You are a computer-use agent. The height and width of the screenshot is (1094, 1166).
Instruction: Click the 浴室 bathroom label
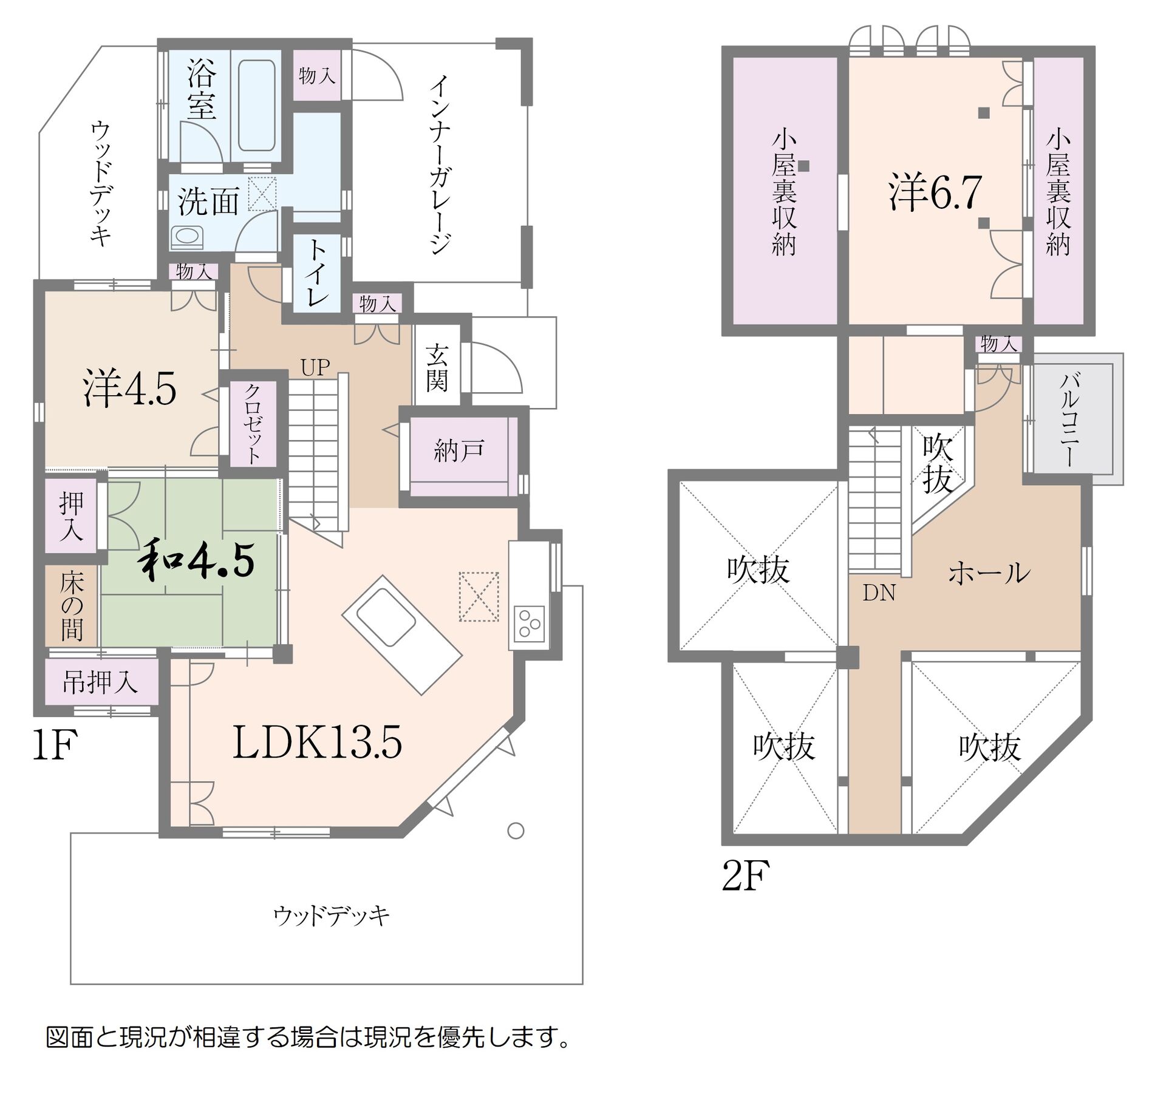click(x=202, y=90)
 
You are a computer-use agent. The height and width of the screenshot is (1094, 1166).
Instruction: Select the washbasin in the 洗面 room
click(x=186, y=236)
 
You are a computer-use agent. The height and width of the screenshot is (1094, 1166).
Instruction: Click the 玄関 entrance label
click(x=436, y=368)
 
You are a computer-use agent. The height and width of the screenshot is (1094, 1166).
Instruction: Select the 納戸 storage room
click(x=459, y=450)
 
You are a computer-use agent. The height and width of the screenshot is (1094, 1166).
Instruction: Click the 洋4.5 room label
click(x=130, y=389)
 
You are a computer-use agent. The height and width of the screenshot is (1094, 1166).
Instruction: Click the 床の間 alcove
click(x=71, y=606)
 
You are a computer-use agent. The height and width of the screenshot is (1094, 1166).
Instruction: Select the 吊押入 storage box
click(x=101, y=682)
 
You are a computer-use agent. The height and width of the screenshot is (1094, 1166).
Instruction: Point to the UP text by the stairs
click(x=315, y=367)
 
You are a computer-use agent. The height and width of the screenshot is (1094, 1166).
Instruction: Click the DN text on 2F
click(x=879, y=593)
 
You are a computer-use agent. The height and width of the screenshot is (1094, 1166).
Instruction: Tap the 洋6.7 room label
click(x=935, y=192)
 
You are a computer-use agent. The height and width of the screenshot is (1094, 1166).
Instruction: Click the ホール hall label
click(x=989, y=572)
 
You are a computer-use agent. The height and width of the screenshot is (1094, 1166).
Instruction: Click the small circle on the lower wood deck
click(x=516, y=831)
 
